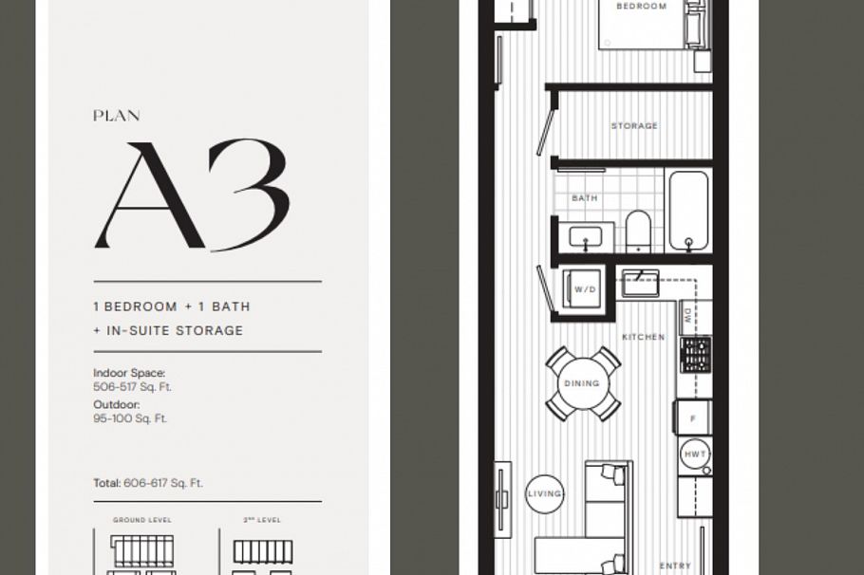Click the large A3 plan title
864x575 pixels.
(x=190, y=195)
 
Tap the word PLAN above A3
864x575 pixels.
(x=117, y=116)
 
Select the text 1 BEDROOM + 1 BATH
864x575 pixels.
(x=172, y=306)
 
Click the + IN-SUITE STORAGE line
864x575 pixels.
(x=168, y=330)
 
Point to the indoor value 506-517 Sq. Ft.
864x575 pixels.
(x=132, y=387)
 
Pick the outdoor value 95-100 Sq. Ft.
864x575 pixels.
(x=130, y=418)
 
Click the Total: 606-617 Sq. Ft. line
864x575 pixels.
(x=148, y=483)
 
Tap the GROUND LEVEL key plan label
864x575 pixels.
(x=143, y=520)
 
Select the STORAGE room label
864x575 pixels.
(x=634, y=125)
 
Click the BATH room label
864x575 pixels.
(x=584, y=198)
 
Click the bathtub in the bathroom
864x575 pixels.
(x=688, y=211)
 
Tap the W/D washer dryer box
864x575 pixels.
(x=584, y=289)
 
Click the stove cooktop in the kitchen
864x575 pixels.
(x=695, y=355)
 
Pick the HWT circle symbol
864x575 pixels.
(x=696, y=455)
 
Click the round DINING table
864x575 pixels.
(x=581, y=383)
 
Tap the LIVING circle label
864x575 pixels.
(x=545, y=493)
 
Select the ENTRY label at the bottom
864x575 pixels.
(x=675, y=566)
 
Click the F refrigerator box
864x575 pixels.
(x=693, y=417)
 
